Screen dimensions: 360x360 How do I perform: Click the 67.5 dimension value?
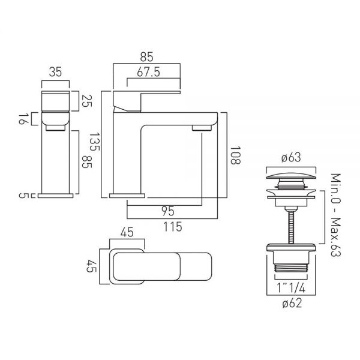coord(148,73)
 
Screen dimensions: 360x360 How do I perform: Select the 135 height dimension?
coord(94,142)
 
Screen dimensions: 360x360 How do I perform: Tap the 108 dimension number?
coord(235,155)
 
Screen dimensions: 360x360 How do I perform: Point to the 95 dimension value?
coord(168,211)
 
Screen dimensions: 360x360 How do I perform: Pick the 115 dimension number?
coord(173,227)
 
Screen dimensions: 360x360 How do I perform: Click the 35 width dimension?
coord(55,72)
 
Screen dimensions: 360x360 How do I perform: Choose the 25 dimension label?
coord(86,101)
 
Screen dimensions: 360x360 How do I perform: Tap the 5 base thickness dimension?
coord(22,196)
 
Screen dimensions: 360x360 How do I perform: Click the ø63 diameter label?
coord(291,158)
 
